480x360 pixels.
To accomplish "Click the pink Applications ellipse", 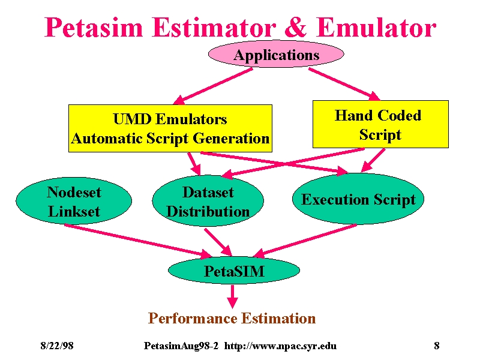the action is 276,54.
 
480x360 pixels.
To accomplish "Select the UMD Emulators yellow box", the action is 170,128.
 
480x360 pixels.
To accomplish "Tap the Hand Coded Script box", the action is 380,124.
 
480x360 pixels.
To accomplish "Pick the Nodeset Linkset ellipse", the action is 74,201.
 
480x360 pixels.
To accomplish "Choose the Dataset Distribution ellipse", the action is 208,201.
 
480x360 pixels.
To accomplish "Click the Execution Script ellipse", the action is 358,199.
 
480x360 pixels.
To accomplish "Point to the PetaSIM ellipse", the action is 234,271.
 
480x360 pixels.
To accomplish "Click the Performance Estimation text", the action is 232,318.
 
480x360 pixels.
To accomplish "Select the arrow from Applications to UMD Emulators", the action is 213,86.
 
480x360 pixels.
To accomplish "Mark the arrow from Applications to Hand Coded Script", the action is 344,84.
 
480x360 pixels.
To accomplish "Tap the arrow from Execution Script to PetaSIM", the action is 305,241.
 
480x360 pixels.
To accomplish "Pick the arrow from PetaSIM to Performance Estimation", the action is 233,296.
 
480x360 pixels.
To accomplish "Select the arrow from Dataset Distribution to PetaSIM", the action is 218,242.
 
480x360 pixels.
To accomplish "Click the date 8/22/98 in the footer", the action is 57,346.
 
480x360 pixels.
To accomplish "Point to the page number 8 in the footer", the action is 437,346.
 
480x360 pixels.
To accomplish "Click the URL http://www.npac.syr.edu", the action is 280,346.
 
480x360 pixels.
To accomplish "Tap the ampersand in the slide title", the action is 296,28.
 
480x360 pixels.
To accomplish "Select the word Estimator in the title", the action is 214,28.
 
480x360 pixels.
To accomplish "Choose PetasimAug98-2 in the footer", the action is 181,346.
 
